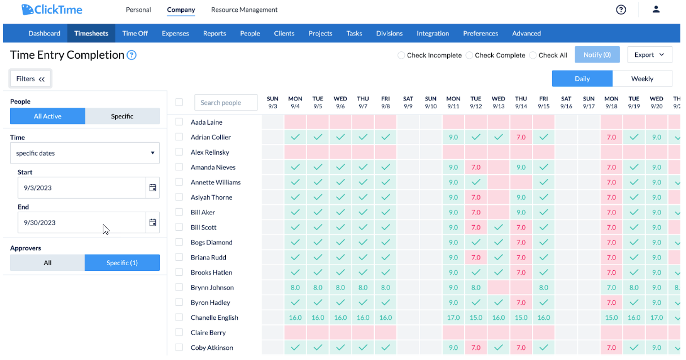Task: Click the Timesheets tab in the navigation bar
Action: click(x=91, y=33)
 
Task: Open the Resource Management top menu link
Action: click(x=244, y=10)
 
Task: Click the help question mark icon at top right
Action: click(x=621, y=10)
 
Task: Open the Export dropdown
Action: click(x=649, y=55)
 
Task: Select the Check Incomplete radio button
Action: click(x=401, y=55)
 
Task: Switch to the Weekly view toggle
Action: click(x=642, y=78)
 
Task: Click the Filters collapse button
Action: click(x=30, y=79)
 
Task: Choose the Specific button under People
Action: click(x=122, y=116)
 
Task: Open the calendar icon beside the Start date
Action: click(x=152, y=188)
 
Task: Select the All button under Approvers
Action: click(x=47, y=263)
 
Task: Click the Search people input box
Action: click(x=226, y=103)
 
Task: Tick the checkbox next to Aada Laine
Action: click(x=179, y=122)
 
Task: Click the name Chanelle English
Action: click(x=215, y=318)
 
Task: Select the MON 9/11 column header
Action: click(x=453, y=102)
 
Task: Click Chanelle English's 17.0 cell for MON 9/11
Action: click(x=453, y=318)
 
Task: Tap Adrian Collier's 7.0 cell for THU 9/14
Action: click(x=521, y=137)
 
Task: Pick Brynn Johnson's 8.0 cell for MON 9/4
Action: click(x=295, y=287)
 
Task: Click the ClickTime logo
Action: click(x=52, y=10)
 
